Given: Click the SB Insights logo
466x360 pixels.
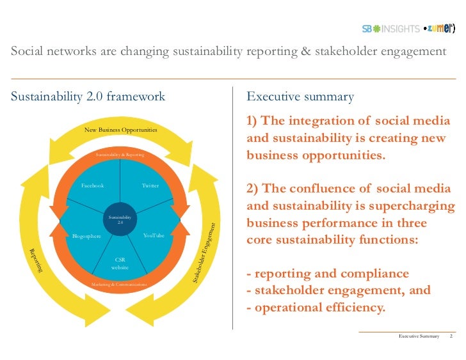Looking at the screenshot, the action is pyautogui.click(x=390, y=29).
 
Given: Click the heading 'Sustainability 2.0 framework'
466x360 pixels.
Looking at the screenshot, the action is pyautogui.click(x=88, y=97).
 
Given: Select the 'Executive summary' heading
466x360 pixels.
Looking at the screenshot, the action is pyautogui.click(x=300, y=97).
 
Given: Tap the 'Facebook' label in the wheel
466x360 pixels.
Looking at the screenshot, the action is pyautogui.click(x=92, y=185).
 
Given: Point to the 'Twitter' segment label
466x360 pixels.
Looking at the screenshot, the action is pyautogui.click(x=150, y=185).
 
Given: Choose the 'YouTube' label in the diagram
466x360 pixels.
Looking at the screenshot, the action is pyautogui.click(x=154, y=236).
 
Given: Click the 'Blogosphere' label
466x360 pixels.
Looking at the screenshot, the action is pyautogui.click(x=86, y=236).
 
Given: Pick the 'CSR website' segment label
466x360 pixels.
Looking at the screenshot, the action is pyautogui.click(x=120, y=263).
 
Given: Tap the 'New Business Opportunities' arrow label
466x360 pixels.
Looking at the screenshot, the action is pyautogui.click(x=121, y=130).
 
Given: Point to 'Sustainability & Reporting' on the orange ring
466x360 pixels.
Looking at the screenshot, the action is pyautogui.click(x=120, y=155).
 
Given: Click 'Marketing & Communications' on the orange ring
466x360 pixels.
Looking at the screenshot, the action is pyautogui.click(x=119, y=283).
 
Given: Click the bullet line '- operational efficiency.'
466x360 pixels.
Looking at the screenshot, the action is pyautogui.click(x=316, y=308).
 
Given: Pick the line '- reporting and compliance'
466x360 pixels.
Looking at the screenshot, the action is pyautogui.click(x=328, y=274).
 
